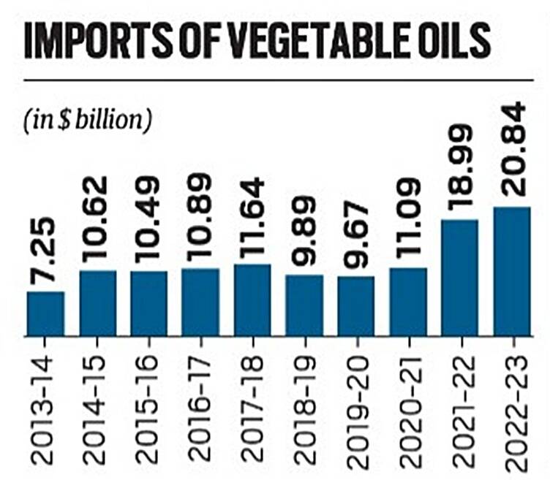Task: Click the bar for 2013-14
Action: click(45, 313)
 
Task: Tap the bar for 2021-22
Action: click(459, 278)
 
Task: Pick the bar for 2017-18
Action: click(252, 300)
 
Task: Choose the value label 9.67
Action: click(355, 240)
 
